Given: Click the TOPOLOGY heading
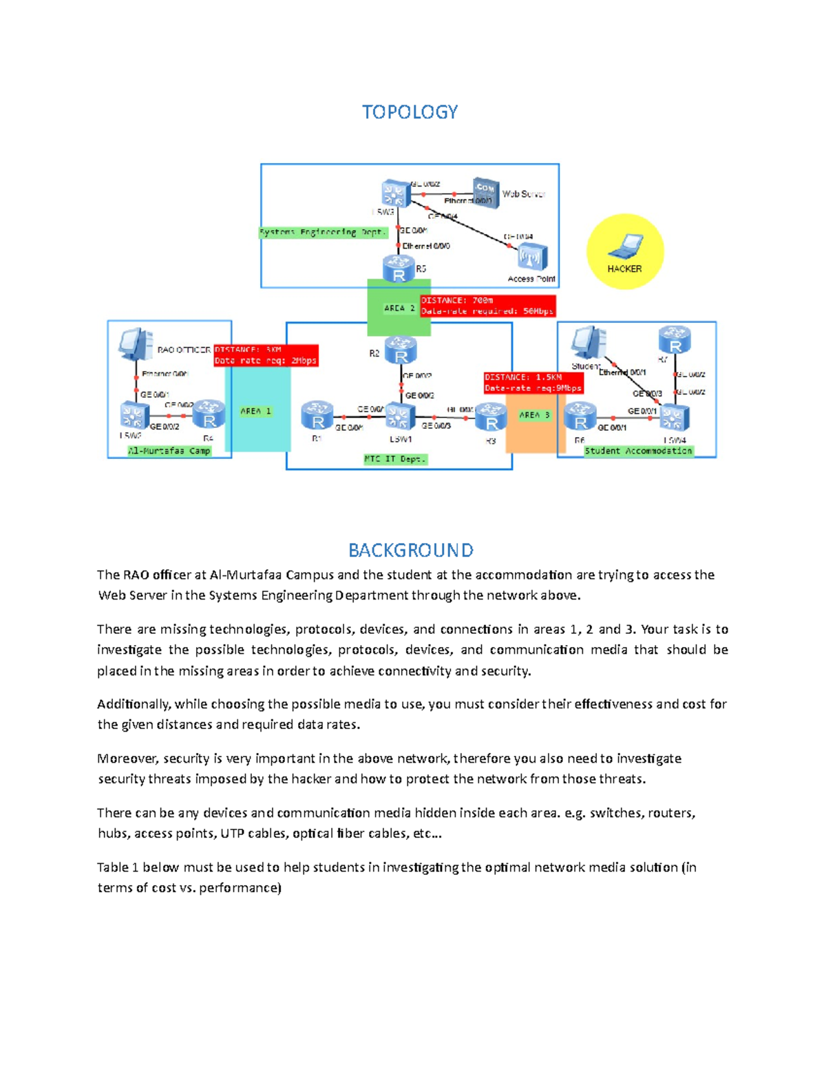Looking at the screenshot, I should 410,112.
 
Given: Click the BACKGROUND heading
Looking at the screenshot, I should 410,550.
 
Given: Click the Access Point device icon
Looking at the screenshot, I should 531,257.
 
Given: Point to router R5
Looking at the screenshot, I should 399,269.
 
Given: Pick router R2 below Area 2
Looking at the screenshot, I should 401,350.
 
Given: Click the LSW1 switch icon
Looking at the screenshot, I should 400,416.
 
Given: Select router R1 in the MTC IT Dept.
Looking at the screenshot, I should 317,416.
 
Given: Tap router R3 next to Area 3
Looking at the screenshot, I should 491,418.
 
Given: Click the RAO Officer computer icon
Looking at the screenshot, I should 136,344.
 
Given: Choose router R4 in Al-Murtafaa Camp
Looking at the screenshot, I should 209,414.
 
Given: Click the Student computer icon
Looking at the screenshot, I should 589,343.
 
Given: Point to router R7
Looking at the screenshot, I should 674,340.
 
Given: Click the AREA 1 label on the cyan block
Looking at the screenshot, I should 255,412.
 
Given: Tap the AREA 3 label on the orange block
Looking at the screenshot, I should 534,415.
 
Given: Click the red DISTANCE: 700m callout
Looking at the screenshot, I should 487,306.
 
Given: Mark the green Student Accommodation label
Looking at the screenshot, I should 638,451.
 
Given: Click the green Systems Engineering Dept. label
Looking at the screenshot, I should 323,233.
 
